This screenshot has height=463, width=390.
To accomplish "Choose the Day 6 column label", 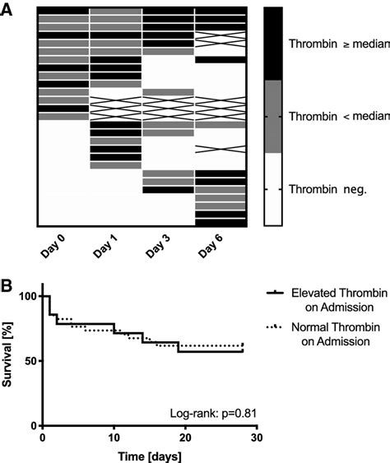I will coord(211,248).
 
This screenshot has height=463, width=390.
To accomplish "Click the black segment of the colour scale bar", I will coord(273,43).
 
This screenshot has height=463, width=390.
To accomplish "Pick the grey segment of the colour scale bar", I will coord(273,116).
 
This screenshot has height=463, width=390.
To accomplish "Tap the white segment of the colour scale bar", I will coord(273,189).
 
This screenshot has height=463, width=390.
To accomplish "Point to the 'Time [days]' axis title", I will coord(149,455).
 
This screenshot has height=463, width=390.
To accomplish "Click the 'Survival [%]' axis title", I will coord(11,360).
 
